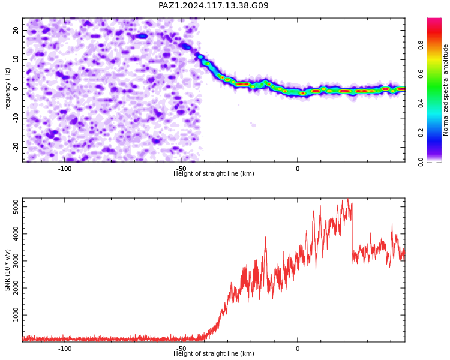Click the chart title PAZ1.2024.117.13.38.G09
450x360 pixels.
(214, 6)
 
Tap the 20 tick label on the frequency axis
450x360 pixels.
(16, 30)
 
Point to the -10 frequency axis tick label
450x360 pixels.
(16, 118)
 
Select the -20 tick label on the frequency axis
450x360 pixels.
(16, 147)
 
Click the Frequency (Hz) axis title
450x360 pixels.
(7, 90)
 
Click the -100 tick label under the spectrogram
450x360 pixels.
(65, 169)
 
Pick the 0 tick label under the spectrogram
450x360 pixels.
(298, 169)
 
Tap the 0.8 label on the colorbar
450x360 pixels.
(421, 45)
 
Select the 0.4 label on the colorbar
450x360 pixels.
(421, 103)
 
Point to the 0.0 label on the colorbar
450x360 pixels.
(421, 162)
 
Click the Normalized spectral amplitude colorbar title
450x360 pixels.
(445, 90)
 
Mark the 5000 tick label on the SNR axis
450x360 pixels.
(16, 206)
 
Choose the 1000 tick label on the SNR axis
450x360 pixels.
(16, 315)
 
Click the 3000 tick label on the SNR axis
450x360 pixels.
(16, 260)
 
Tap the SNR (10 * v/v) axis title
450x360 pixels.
(7, 270)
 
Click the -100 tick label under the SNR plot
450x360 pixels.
(65, 349)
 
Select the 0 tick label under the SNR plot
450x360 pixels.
(298, 349)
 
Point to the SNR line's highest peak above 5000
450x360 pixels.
(347, 199)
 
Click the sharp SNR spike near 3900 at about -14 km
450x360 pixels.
(265, 238)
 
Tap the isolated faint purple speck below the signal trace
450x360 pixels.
(253, 125)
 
